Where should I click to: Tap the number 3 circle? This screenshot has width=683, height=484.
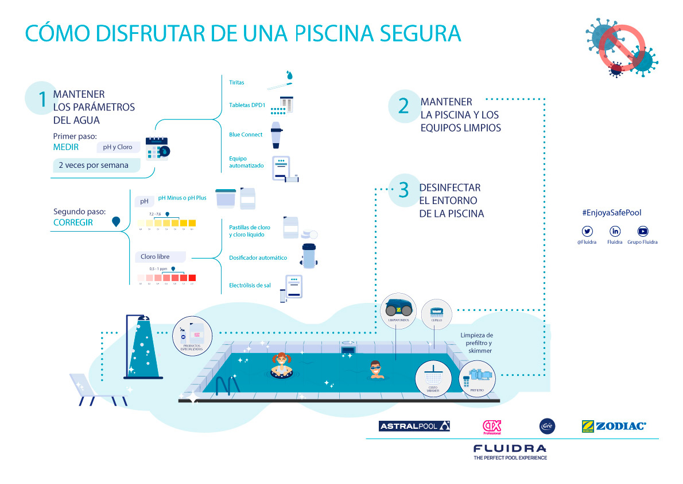coord(403,190)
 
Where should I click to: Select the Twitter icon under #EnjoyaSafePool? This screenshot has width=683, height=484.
coord(587,231)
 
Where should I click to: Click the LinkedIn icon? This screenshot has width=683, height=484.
coord(615,231)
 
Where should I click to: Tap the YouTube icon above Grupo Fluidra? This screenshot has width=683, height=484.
coord(642,231)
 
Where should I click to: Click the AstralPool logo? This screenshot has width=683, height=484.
coord(414,426)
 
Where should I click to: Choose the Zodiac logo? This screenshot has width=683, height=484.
coord(614,426)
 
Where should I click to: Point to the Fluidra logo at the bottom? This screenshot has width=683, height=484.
coord(510,448)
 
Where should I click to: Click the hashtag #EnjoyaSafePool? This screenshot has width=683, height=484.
coord(611,213)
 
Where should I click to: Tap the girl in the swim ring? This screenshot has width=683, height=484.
coord(281,366)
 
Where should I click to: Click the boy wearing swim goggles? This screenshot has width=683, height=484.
coord(375,369)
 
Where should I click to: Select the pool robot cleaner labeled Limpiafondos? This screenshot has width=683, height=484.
coord(398,309)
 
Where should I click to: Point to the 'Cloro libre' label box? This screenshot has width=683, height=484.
coord(160,256)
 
